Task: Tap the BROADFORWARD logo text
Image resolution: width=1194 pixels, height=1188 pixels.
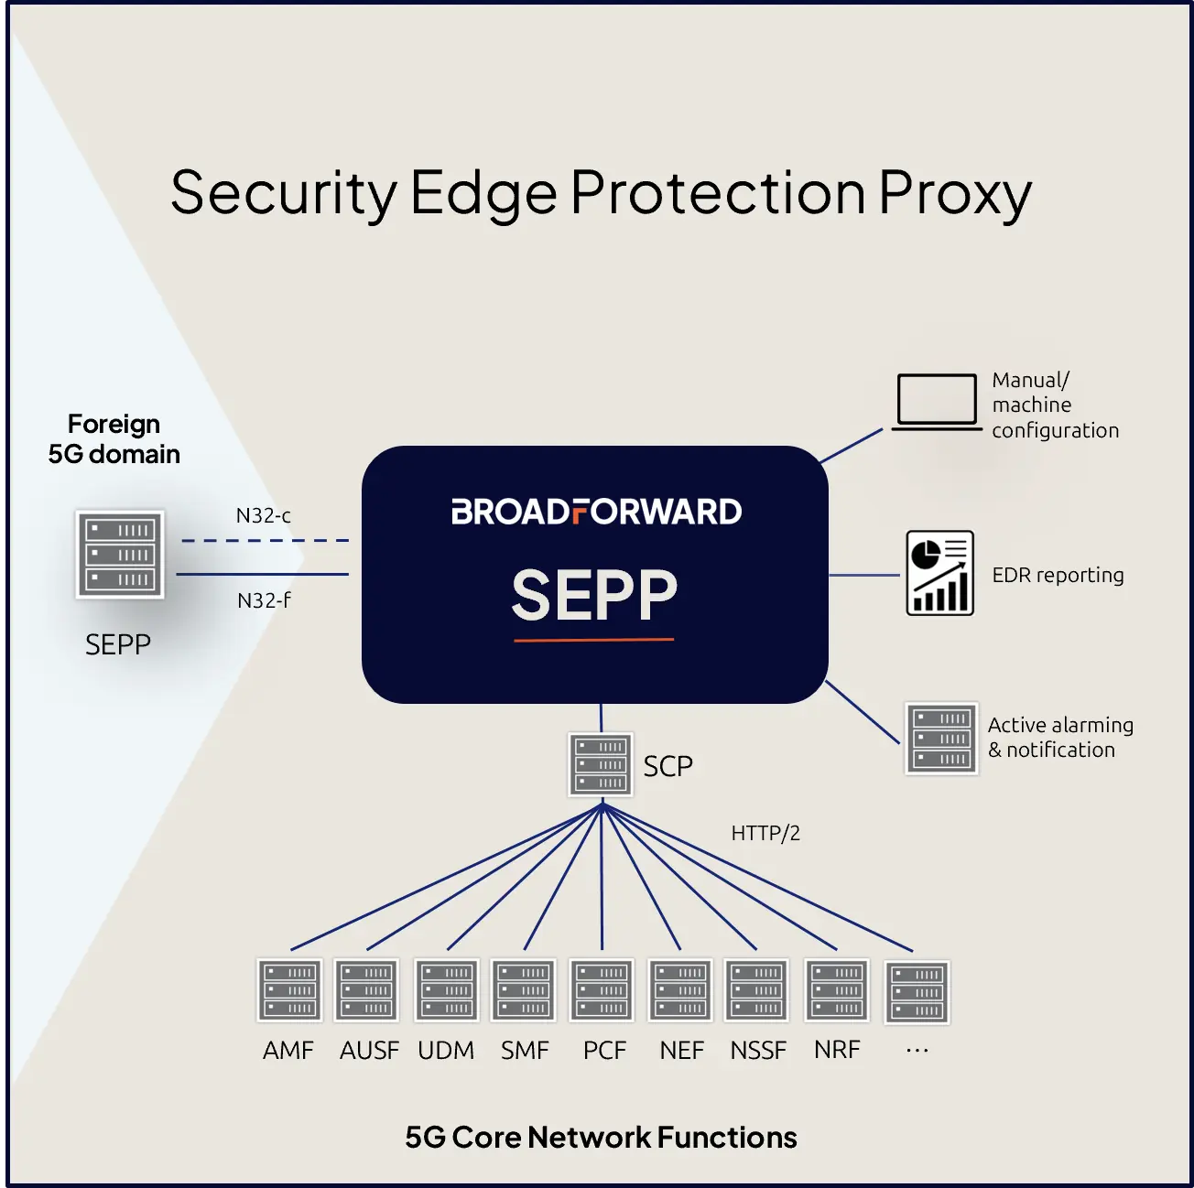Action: point(596,512)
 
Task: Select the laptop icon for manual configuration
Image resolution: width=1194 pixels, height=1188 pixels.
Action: point(936,402)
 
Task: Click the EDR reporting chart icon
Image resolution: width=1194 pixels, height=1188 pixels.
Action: point(939,573)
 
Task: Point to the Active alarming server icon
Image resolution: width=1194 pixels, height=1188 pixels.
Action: point(941,738)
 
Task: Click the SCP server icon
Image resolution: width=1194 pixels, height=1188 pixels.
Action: point(600,764)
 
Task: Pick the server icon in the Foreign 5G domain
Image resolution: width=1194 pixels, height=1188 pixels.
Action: point(120,555)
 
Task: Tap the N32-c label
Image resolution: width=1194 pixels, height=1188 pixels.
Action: point(264,515)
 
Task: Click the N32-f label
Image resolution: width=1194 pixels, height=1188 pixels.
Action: point(264,600)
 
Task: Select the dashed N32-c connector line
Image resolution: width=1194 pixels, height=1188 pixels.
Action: point(266,541)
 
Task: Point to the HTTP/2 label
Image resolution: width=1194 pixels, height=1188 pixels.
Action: point(765,833)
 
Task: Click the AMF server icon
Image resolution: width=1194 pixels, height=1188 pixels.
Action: point(289,989)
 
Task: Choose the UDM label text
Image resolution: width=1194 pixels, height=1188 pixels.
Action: point(446,1051)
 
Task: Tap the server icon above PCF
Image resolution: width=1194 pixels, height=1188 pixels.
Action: point(602,989)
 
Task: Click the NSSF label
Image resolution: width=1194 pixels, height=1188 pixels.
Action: point(758,1051)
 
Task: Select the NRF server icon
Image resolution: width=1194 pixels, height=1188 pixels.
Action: point(837,989)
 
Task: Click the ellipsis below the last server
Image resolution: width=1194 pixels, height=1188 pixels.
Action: point(917,1051)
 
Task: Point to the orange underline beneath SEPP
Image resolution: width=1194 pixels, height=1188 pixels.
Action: point(593,639)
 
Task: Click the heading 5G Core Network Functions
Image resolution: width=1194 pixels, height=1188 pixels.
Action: point(601,1138)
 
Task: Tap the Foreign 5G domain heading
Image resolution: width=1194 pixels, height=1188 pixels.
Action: point(114,439)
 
